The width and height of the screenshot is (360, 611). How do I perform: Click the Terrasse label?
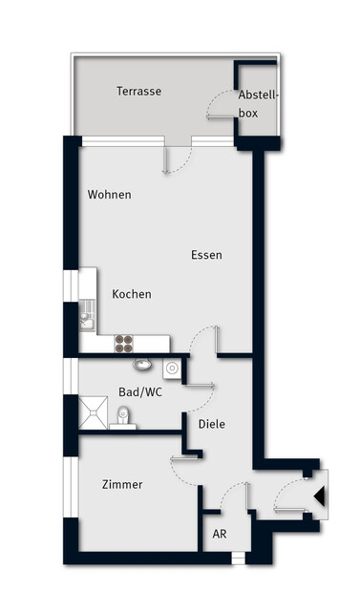pyautogui.click(x=138, y=92)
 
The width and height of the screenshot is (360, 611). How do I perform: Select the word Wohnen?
pyautogui.click(x=109, y=195)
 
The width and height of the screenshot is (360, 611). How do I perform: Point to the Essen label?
pyautogui.click(x=206, y=255)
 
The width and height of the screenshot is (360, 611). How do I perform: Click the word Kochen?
pyautogui.click(x=132, y=294)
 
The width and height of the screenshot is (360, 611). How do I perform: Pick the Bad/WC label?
pyautogui.click(x=139, y=392)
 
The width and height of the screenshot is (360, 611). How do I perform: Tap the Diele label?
pyautogui.click(x=211, y=424)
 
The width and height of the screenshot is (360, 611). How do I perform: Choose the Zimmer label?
pyautogui.click(x=122, y=485)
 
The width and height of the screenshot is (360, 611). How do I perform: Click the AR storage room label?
pyautogui.click(x=220, y=535)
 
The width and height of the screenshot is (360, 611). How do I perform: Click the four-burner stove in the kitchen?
pyautogui.click(x=125, y=340)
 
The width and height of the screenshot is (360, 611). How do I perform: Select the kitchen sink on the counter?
pyautogui.click(x=85, y=312)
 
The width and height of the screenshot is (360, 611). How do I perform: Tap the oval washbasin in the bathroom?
pyautogui.click(x=142, y=364)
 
